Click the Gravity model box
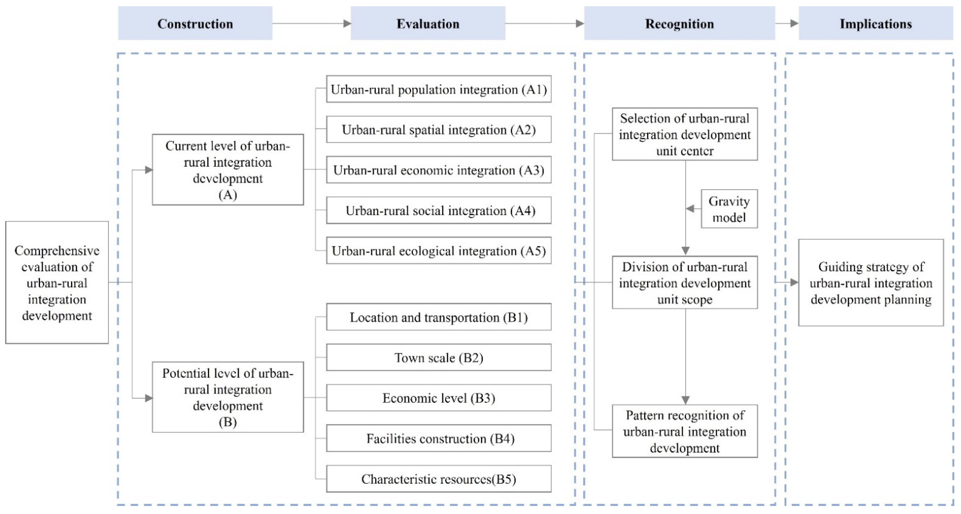(x=729, y=209)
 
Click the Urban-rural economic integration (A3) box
(x=439, y=170)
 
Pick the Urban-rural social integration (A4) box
(x=439, y=210)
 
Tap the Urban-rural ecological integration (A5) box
(x=439, y=251)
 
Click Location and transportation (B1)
(x=439, y=317)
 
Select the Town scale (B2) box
(x=439, y=358)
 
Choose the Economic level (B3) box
(x=439, y=398)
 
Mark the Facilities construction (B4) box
(x=439, y=438)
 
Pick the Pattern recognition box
(x=684, y=431)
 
